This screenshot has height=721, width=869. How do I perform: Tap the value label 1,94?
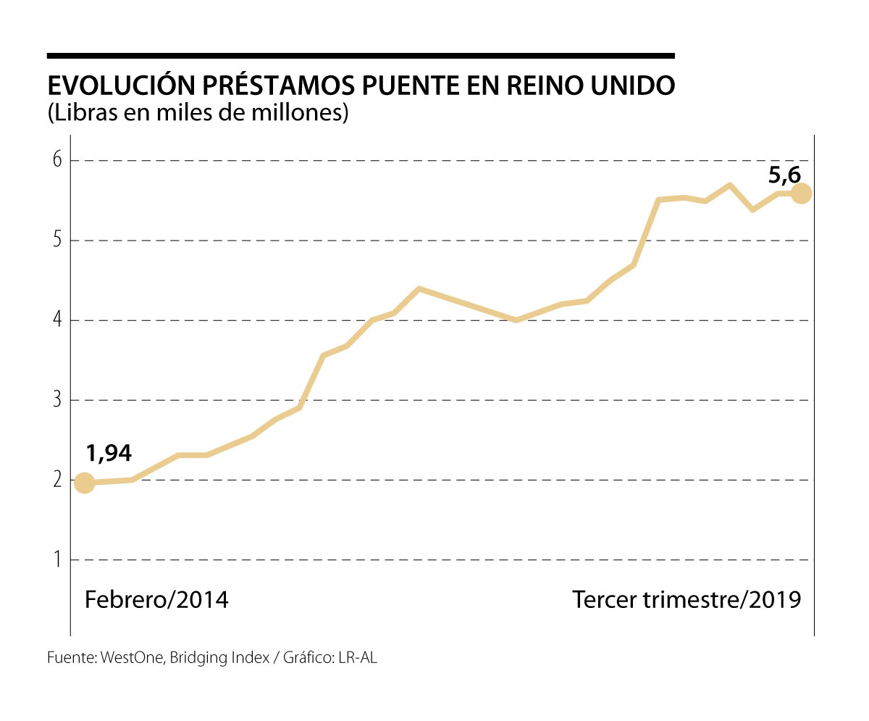coord(109,454)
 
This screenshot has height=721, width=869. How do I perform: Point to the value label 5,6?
coord(784,175)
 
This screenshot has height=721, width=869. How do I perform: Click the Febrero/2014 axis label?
coord(156,600)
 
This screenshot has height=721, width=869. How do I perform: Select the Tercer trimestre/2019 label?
coord(687,600)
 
